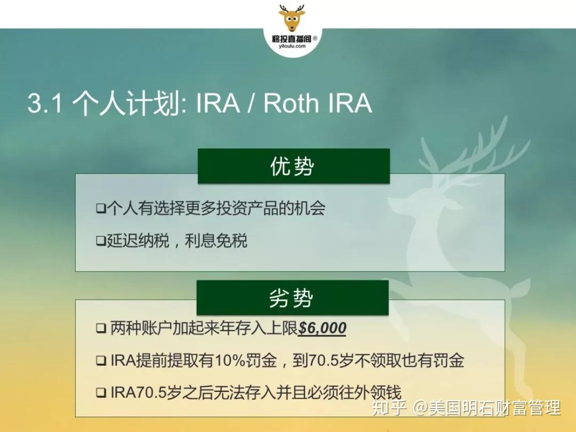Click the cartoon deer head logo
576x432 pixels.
coord(292,18)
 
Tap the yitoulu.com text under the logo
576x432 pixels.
coord(292,46)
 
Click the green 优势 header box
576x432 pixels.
coord(293,166)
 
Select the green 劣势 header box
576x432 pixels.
coord(292,298)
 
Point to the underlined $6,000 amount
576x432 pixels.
coord(322,328)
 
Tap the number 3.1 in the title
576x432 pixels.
coord(44,103)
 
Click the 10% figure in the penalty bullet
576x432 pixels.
coord(229,361)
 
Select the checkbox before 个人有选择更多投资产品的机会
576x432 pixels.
coord(100,209)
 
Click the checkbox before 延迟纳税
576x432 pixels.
coord(100,241)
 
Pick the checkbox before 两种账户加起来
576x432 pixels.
coord(101,329)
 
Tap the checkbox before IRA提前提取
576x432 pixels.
coord(101,361)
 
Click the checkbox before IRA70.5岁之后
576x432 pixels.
coord(101,394)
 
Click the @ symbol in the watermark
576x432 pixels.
coord(421,409)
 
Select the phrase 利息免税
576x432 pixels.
coord(216,241)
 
